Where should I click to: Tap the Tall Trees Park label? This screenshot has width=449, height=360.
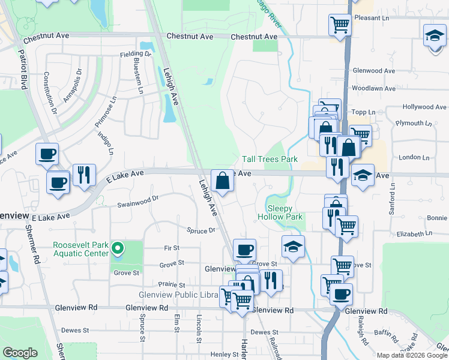pyautogui.click(x=270, y=160)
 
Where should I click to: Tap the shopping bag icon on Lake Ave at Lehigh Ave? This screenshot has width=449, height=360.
pyautogui.click(x=222, y=180)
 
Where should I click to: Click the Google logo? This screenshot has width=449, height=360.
pyautogui.click(x=20, y=353)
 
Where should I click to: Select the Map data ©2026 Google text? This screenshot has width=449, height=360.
pyautogui.click(x=411, y=355)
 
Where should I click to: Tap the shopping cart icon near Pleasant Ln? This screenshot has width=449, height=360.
pyautogui.click(x=340, y=25)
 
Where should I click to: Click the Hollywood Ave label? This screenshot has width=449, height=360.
pyautogui.click(x=424, y=107)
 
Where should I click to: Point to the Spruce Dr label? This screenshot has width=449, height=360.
pyautogui.click(x=200, y=230)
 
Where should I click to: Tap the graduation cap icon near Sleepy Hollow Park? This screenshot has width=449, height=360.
pyautogui.click(x=292, y=247)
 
